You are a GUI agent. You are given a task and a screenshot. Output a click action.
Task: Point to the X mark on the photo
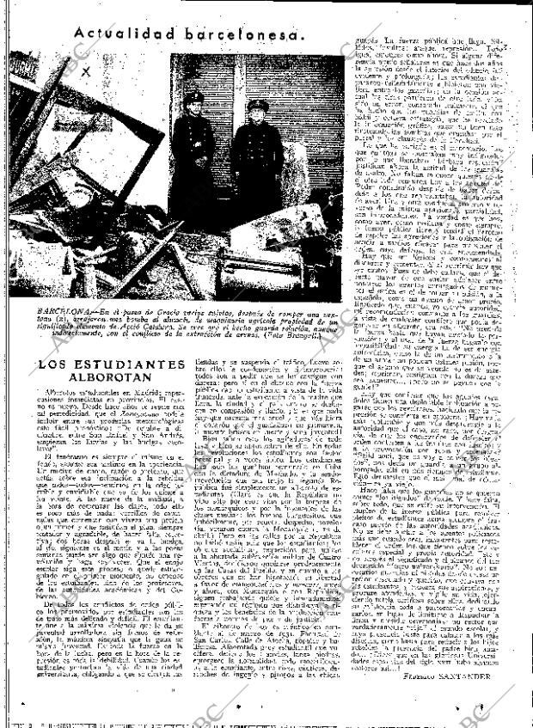85,74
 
